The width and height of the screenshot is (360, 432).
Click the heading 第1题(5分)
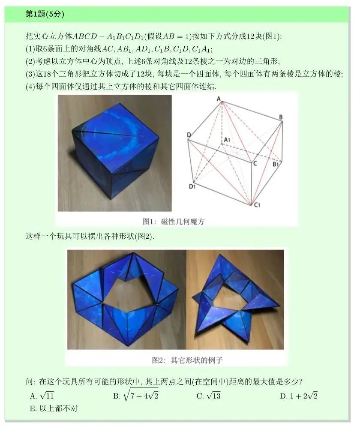point(45,14)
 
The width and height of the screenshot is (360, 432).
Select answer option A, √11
point(42,396)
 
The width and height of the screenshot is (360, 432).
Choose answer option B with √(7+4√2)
point(135,396)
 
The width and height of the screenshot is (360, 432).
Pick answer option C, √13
point(209,396)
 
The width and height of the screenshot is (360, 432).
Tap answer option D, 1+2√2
point(299,396)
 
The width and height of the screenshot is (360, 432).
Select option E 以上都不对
point(54,408)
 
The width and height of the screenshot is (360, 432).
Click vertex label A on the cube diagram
point(219,99)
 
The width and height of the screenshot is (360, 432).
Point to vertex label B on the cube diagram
point(281,117)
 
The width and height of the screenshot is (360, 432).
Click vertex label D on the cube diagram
point(189,135)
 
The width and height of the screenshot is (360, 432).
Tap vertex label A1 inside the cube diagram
point(227,140)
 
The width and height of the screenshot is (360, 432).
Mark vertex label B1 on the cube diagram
point(276,164)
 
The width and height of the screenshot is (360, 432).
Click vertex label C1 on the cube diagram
point(257,204)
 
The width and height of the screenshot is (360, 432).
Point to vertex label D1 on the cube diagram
point(192,186)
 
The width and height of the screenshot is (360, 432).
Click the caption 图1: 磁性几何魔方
point(174,221)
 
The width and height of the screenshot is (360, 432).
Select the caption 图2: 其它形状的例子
point(187,360)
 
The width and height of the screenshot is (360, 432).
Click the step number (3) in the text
point(30,74)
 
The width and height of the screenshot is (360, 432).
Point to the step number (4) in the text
point(30,87)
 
